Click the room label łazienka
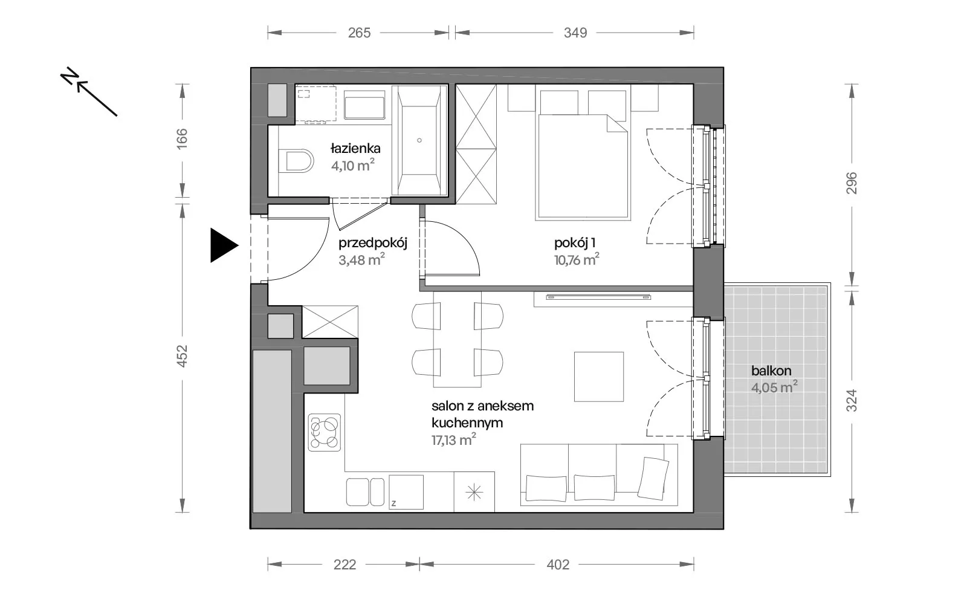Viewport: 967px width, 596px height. (x=355, y=149)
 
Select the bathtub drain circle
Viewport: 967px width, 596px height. (x=419, y=140)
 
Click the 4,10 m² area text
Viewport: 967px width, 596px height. (x=353, y=166)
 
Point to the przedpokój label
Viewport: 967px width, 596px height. (x=373, y=243)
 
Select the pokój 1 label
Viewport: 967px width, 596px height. (x=575, y=243)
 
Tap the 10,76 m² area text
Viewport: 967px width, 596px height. (x=577, y=260)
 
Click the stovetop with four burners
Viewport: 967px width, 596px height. (x=325, y=433)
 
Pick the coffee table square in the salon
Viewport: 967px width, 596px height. (x=599, y=377)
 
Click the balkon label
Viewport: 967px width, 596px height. (x=771, y=371)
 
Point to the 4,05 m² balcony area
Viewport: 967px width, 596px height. (x=774, y=387)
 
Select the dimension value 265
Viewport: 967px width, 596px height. (x=359, y=33)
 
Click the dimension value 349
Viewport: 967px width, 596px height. (x=575, y=33)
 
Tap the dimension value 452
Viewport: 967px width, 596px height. (x=182, y=356)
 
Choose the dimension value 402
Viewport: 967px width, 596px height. (x=558, y=565)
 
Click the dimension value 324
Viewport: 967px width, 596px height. (x=852, y=400)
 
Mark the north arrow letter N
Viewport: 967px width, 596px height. (x=69, y=76)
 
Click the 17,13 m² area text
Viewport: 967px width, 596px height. (x=454, y=440)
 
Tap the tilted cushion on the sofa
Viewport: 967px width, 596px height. (x=653, y=479)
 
